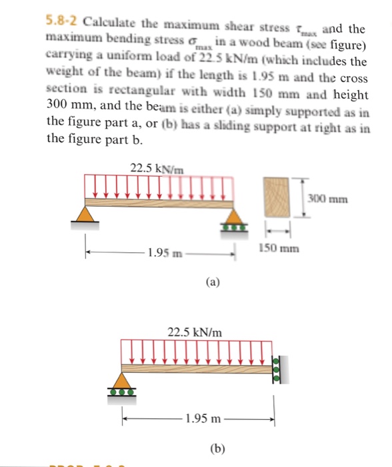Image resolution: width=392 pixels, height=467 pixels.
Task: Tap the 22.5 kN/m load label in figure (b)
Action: pyautogui.click(x=195, y=332)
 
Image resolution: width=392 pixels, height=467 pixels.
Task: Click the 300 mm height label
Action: pyautogui.click(x=327, y=198)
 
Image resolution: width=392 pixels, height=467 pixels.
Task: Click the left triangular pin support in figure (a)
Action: pyautogui.click(x=84, y=214)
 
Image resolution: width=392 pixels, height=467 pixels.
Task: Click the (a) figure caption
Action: pyautogui.click(x=212, y=282)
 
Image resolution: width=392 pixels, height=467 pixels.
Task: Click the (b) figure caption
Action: pyautogui.click(x=217, y=449)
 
